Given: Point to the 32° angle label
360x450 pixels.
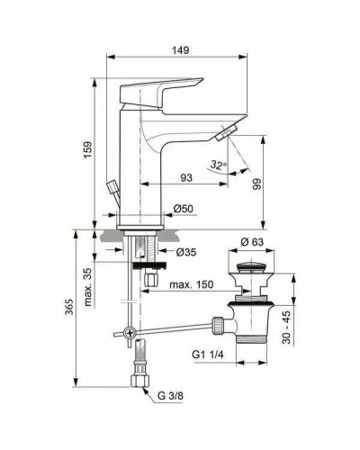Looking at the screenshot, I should tap(215, 164).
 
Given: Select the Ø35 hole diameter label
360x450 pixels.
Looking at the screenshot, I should tap(184, 251).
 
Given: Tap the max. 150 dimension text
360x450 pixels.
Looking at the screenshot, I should tap(192, 284).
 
